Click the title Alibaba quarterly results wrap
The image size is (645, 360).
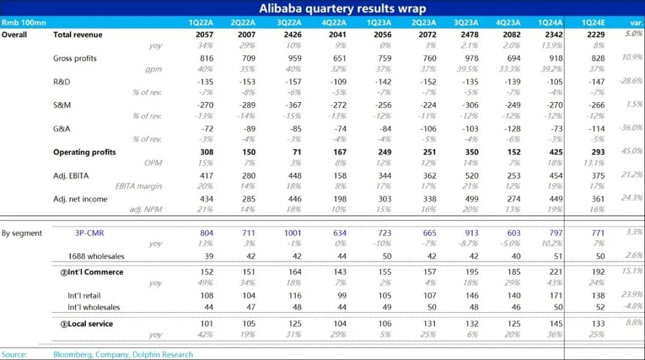[x=342, y=8]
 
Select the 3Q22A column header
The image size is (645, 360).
[x=289, y=23]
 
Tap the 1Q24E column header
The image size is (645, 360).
[x=595, y=23]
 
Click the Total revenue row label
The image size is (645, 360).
[x=78, y=35]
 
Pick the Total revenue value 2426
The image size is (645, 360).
[x=289, y=35]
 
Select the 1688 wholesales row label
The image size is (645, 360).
[x=96, y=257]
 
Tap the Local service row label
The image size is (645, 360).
[x=86, y=324]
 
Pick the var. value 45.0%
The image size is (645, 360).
[x=632, y=151]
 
